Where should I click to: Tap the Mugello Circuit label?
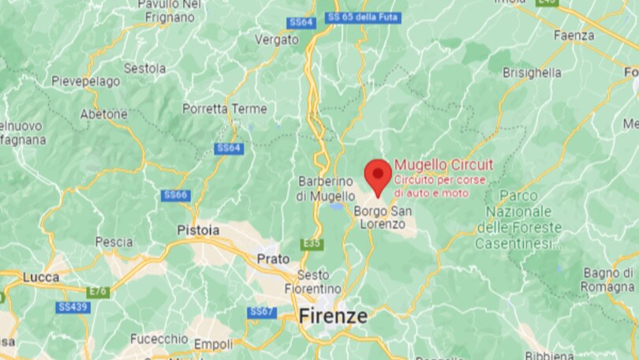pos(443,164)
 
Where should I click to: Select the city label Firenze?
pos(333,317)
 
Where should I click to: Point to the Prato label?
pos(273,258)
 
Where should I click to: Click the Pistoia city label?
pos(198,230)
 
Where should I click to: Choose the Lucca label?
pos(41,277)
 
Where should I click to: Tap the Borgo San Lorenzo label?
pos(383,217)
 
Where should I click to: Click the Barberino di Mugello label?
pos(326,188)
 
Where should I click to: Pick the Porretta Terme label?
pos(215,109)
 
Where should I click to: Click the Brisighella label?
pos(532,73)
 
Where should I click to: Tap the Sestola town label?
pos(145,69)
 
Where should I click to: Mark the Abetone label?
pos(103,114)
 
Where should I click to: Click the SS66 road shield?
pos(175,195)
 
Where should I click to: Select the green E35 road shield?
pos(312,244)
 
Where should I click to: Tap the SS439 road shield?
pos(73,306)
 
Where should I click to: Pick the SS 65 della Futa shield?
pos(363,17)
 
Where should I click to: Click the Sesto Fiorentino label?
pos(313,281)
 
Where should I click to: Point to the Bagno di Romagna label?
pos(608,279)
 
